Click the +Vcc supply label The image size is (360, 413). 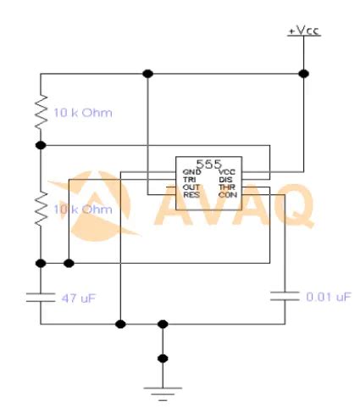[304, 32]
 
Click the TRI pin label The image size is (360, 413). [190, 180]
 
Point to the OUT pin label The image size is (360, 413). [191, 187]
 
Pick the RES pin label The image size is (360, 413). [191, 195]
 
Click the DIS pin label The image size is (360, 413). [226, 180]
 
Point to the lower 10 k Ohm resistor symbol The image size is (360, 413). [40, 208]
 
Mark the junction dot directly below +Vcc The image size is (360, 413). [304, 74]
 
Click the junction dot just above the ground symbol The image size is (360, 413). [162, 360]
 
